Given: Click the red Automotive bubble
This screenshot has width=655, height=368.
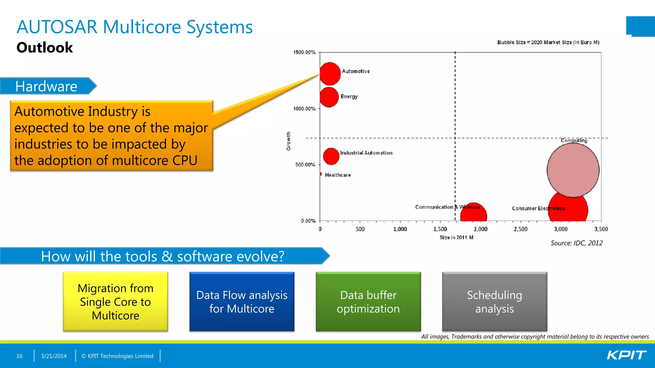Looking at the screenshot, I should [330, 74].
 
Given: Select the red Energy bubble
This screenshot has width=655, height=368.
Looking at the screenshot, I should [329, 97].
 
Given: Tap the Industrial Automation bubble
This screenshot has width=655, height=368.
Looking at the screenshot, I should [331, 156].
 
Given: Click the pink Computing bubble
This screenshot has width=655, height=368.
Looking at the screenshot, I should [573, 170].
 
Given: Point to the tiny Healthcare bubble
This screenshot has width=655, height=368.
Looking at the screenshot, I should [320, 174].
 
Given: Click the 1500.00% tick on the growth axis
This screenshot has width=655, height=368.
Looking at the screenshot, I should [304, 52].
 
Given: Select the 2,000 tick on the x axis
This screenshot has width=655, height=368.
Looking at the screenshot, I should [480, 229].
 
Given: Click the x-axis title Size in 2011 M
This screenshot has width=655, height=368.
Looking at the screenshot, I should [456, 237].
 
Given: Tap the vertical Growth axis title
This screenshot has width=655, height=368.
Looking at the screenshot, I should [288, 141].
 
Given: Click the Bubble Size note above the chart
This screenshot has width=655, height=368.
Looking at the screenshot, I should [548, 42].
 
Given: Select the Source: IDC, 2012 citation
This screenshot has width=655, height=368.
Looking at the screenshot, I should [576, 243].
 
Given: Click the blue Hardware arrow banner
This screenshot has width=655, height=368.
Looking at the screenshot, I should [47, 86].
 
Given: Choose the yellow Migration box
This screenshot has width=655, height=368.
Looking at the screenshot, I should [115, 302].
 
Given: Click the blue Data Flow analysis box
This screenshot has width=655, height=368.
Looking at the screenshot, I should [242, 302].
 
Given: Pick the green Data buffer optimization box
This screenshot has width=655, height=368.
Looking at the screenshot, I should [368, 302].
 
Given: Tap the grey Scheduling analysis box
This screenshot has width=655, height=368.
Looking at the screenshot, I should [494, 302].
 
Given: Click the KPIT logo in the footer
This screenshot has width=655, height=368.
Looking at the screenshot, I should [626, 355].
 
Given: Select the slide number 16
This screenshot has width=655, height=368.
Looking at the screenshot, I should [19, 356].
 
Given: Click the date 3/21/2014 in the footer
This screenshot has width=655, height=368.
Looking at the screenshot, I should [54, 356].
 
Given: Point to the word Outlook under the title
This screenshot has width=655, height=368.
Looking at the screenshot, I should [44, 48].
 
